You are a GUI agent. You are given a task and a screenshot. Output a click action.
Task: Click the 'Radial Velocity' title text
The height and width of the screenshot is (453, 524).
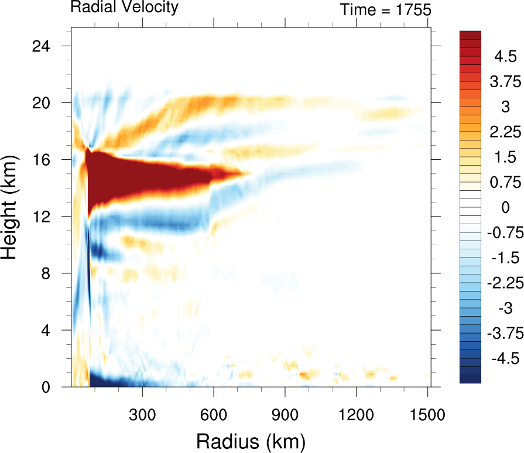(x=124, y=8)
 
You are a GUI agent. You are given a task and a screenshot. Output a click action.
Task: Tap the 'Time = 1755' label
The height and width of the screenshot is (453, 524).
(x=385, y=9)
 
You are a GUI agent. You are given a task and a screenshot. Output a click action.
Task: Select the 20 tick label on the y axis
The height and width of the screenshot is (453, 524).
(x=47, y=102)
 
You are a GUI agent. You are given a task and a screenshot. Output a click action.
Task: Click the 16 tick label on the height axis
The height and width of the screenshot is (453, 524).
(x=47, y=160)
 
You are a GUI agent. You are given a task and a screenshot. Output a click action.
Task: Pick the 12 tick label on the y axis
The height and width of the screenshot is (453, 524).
(x=47, y=217)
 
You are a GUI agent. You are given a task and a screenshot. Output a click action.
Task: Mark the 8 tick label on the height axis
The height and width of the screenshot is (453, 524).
(x=52, y=273)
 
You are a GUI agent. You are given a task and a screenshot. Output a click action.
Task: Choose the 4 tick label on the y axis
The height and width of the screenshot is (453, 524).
(x=52, y=331)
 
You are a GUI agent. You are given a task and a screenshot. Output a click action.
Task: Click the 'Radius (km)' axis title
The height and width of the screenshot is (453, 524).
(x=251, y=439)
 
